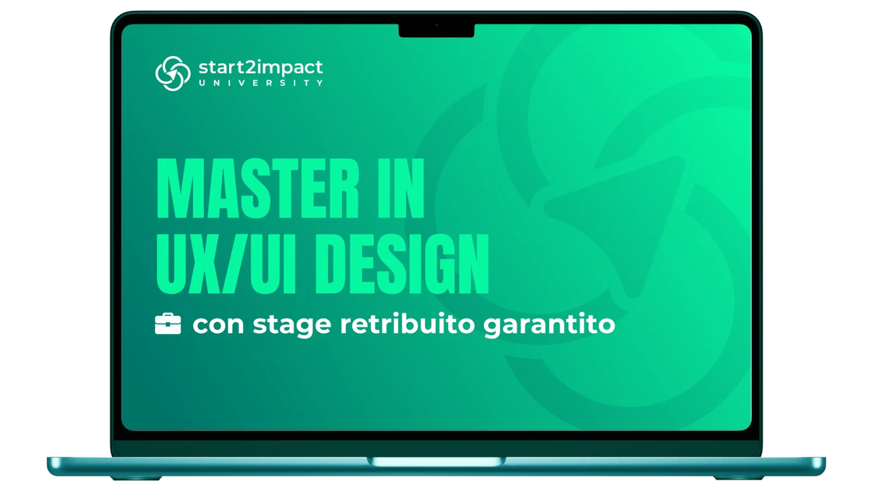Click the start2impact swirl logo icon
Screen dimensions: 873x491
coord(173,73)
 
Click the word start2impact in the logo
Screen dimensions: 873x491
coord(261,68)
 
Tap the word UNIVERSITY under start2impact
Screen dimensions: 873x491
coord(261,83)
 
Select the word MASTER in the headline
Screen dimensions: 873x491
coord(258,188)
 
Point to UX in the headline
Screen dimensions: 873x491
coord(188,264)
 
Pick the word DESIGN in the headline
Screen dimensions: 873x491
coord(402,264)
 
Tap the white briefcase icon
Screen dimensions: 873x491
coord(168,324)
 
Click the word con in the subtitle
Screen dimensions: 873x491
coord(218,324)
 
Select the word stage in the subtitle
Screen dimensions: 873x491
coord(292,326)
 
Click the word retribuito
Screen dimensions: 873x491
coord(408,324)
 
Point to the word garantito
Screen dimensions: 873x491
coord(549,325)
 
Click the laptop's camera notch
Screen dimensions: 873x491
coord(436,31)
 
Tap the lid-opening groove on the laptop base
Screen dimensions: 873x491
coord(436,462)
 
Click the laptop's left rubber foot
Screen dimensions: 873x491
coord(136,478)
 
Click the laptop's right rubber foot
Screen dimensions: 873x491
coord(739,478)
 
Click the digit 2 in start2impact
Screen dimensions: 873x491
coord(250,67)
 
